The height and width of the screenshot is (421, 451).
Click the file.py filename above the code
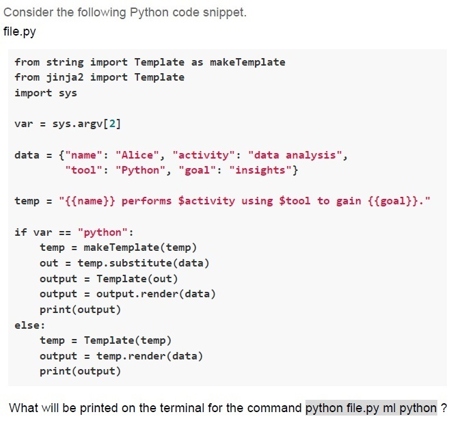click(20, 31)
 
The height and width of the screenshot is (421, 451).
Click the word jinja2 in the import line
click(65, 77)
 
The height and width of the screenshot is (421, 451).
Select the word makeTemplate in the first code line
click(247, 62)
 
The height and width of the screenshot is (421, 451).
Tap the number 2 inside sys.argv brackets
click(112, 124)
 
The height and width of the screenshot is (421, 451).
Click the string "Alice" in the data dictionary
click(137, 155)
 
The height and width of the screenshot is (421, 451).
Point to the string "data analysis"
click(295, 155)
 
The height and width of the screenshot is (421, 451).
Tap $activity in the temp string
click(206, 201)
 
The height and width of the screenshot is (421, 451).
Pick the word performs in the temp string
click(146, 201)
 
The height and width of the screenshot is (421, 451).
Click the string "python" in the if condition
click(102, 232)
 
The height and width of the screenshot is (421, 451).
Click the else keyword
click(27, 325)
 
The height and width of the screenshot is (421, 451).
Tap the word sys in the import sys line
click(68, 93)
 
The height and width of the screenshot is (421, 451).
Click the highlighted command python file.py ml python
click(371, 408)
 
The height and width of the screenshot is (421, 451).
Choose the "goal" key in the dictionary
click(197, 170)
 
